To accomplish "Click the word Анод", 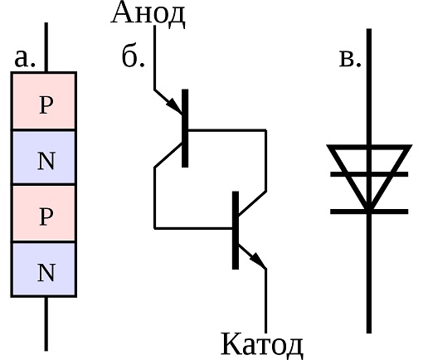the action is coord(148,14).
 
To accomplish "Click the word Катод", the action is coord(262,345).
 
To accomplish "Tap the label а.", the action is coord(25,58).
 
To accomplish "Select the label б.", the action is coord(133,56).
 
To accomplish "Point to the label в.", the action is coord(350,59).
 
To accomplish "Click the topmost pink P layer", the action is coord(44,101).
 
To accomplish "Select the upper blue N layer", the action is coord(44,157).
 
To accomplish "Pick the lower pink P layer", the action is coord(44,213).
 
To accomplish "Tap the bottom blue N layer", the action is coord(44,270).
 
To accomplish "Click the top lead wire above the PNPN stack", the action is coord(46,47).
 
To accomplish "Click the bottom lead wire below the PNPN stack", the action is coord(46,324).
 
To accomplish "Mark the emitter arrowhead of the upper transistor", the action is coord(174,106).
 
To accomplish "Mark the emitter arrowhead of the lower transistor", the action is coord(258,260).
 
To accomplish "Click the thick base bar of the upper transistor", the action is coord(185,128).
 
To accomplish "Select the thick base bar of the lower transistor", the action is coord(236,230).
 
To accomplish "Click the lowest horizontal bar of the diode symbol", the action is coord(369,212).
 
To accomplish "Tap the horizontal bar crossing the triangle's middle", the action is coord(369,174).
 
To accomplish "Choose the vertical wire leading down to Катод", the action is coord(265,301).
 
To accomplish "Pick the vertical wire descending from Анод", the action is coord(154,57).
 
